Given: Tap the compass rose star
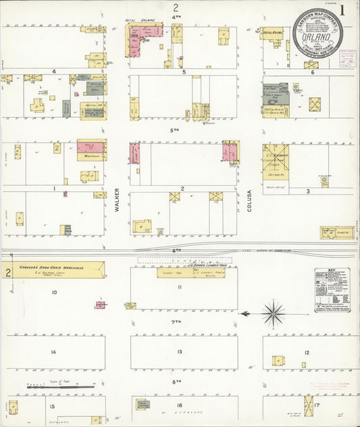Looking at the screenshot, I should click(274, 314).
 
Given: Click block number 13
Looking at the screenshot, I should click(180, 352).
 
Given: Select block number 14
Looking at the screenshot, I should click(53, 352).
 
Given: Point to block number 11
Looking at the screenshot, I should click(180, 287).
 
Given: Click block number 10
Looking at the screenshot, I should click(53, 292).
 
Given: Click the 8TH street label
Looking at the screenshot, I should click(176, 382).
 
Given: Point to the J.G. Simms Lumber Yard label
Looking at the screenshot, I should click(190, 266).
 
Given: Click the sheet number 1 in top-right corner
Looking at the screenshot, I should click(344, 10).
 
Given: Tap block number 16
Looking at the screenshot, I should click(180, 405).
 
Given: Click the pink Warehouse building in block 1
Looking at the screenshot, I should click(91, 148).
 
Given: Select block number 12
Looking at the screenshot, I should click(307, 352).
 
